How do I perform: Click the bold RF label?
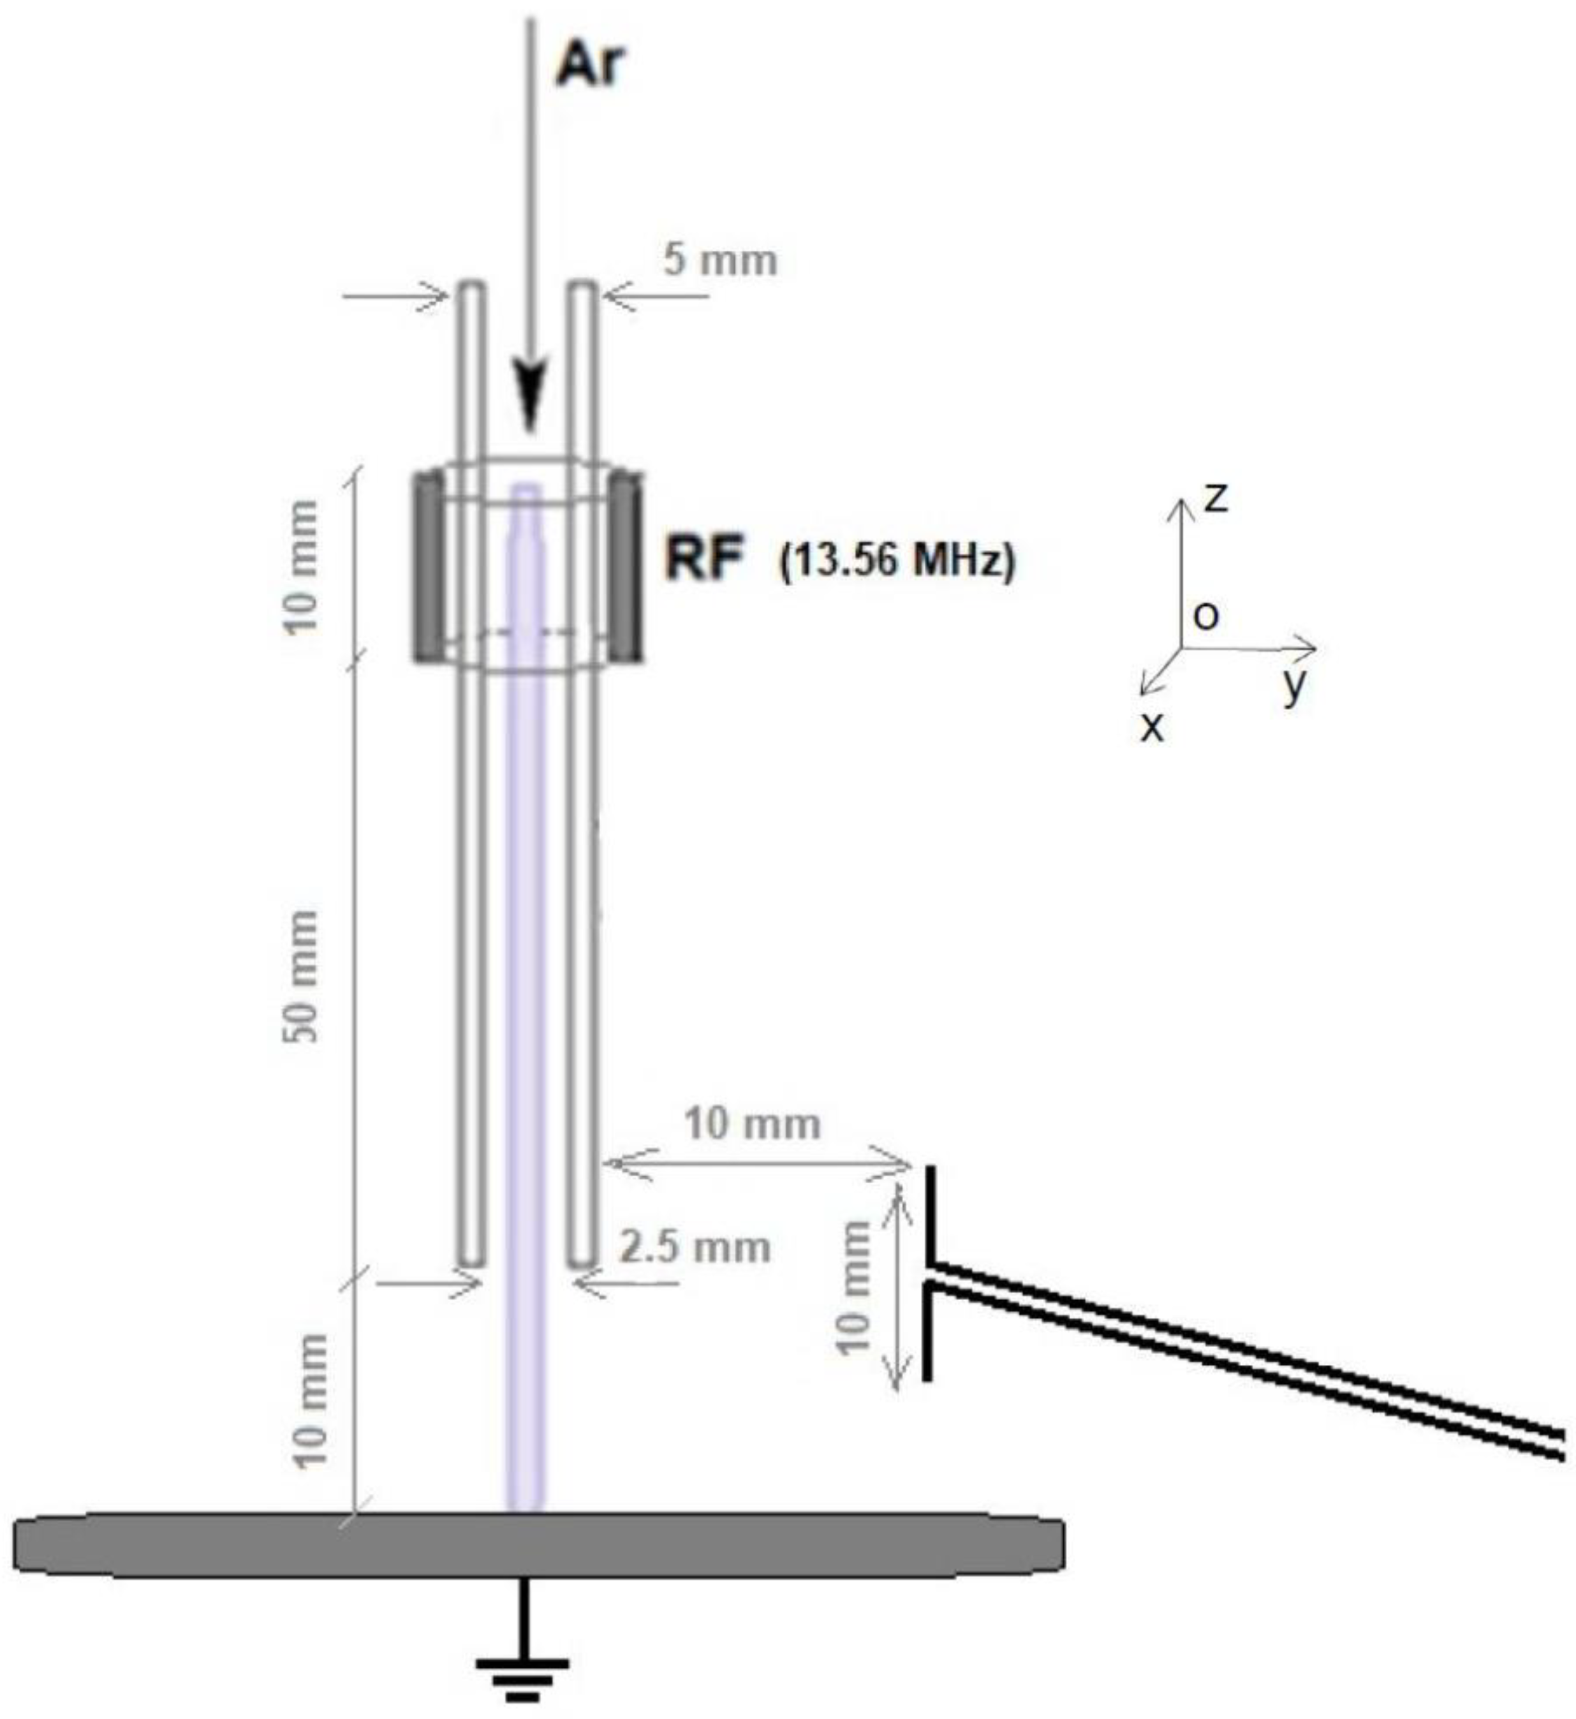coord(705,560)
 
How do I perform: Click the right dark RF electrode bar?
coord(628,568)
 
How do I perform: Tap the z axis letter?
coord(1214,498)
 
